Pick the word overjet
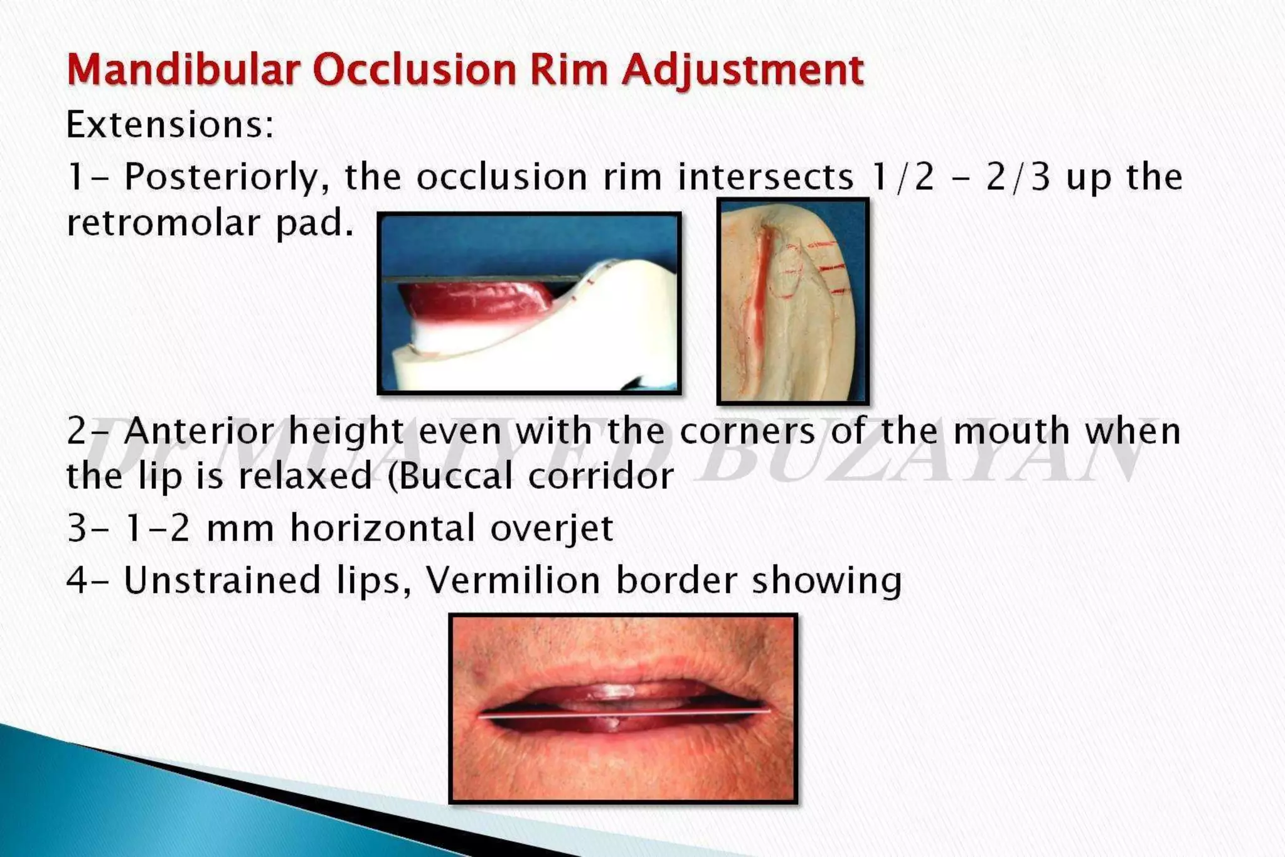click(552, 528)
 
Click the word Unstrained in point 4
click(222, 580)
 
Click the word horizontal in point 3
click(383, 528)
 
